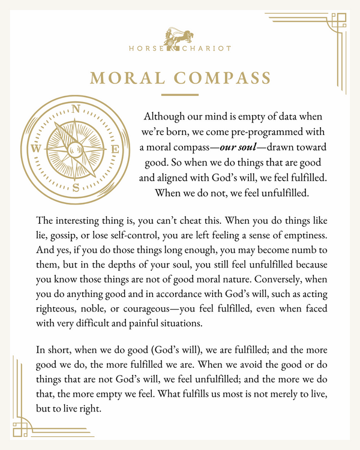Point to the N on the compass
76,109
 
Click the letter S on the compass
76,187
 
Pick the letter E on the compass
116,149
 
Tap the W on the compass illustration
36,149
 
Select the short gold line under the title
180,94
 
